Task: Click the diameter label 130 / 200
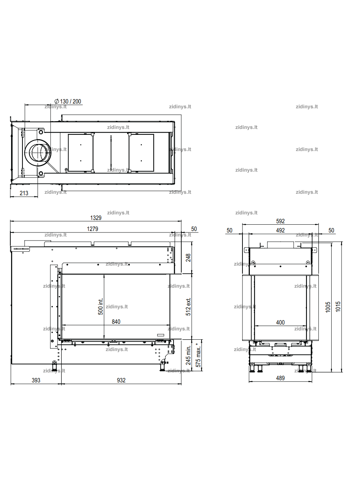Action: [68, 101]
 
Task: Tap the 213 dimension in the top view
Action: [24, 193]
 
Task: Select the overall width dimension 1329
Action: [96, 218]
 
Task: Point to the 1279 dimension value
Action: [92, 229]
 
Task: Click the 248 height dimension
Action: [188, 257]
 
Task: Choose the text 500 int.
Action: [101, 306]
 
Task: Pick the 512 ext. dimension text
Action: [188, 306]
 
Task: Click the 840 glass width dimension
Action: [116, 322]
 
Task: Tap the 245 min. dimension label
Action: [188, 355]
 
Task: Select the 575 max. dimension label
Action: [198, 355]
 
